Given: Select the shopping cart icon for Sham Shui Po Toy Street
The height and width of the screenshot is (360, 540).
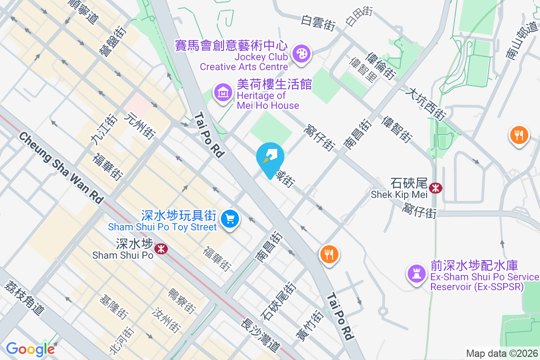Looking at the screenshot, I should click(230, 219).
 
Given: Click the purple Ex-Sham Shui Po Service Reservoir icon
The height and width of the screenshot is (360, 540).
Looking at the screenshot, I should click(416, 273).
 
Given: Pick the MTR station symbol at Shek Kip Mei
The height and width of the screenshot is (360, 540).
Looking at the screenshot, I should click(435, 188).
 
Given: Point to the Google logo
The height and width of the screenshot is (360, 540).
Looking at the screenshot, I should click(30, 349).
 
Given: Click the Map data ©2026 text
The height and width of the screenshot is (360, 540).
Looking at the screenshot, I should click(501, 353).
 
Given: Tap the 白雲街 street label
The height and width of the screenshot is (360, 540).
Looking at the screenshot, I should click(319, 22).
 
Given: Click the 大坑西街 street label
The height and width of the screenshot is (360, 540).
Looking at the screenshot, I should click(425, 104).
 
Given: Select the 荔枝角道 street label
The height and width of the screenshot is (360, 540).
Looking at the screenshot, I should click(25, 297).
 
